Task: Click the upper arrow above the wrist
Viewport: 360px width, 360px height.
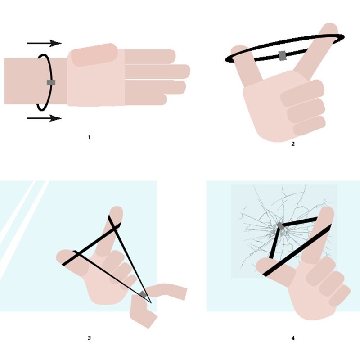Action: tap(44, 43)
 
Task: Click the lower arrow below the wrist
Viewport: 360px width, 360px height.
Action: tap(44, 118)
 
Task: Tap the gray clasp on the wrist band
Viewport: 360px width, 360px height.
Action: tap(51, 82)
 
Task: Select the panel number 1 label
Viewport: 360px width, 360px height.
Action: tap(89, 138)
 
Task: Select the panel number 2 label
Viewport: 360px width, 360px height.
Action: tap(293, 144)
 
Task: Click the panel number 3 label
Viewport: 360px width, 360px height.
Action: tap(89, 338)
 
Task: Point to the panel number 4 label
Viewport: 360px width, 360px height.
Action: tap(293, 338)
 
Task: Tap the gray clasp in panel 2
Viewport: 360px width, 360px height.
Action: tap(283, 56)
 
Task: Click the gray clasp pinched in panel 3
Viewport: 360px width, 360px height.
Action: tap(143, 294)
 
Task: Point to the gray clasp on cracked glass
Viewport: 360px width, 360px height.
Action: tap(280, 226)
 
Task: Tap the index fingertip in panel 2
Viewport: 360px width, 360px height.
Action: tap(331, 27)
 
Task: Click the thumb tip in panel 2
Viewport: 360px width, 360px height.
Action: tap(238, 48)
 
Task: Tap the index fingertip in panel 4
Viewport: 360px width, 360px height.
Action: tap(327, 210)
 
